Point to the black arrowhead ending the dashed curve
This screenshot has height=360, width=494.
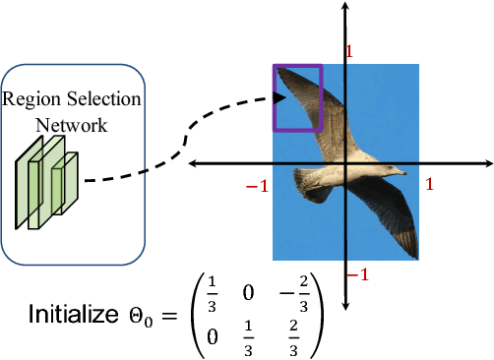point(279,98)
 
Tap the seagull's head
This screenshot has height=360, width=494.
point(385,169)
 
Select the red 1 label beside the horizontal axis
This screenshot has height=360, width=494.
point(429,184)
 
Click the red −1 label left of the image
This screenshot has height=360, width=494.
point(257,186)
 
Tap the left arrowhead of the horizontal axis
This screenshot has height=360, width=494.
point(195,161)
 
